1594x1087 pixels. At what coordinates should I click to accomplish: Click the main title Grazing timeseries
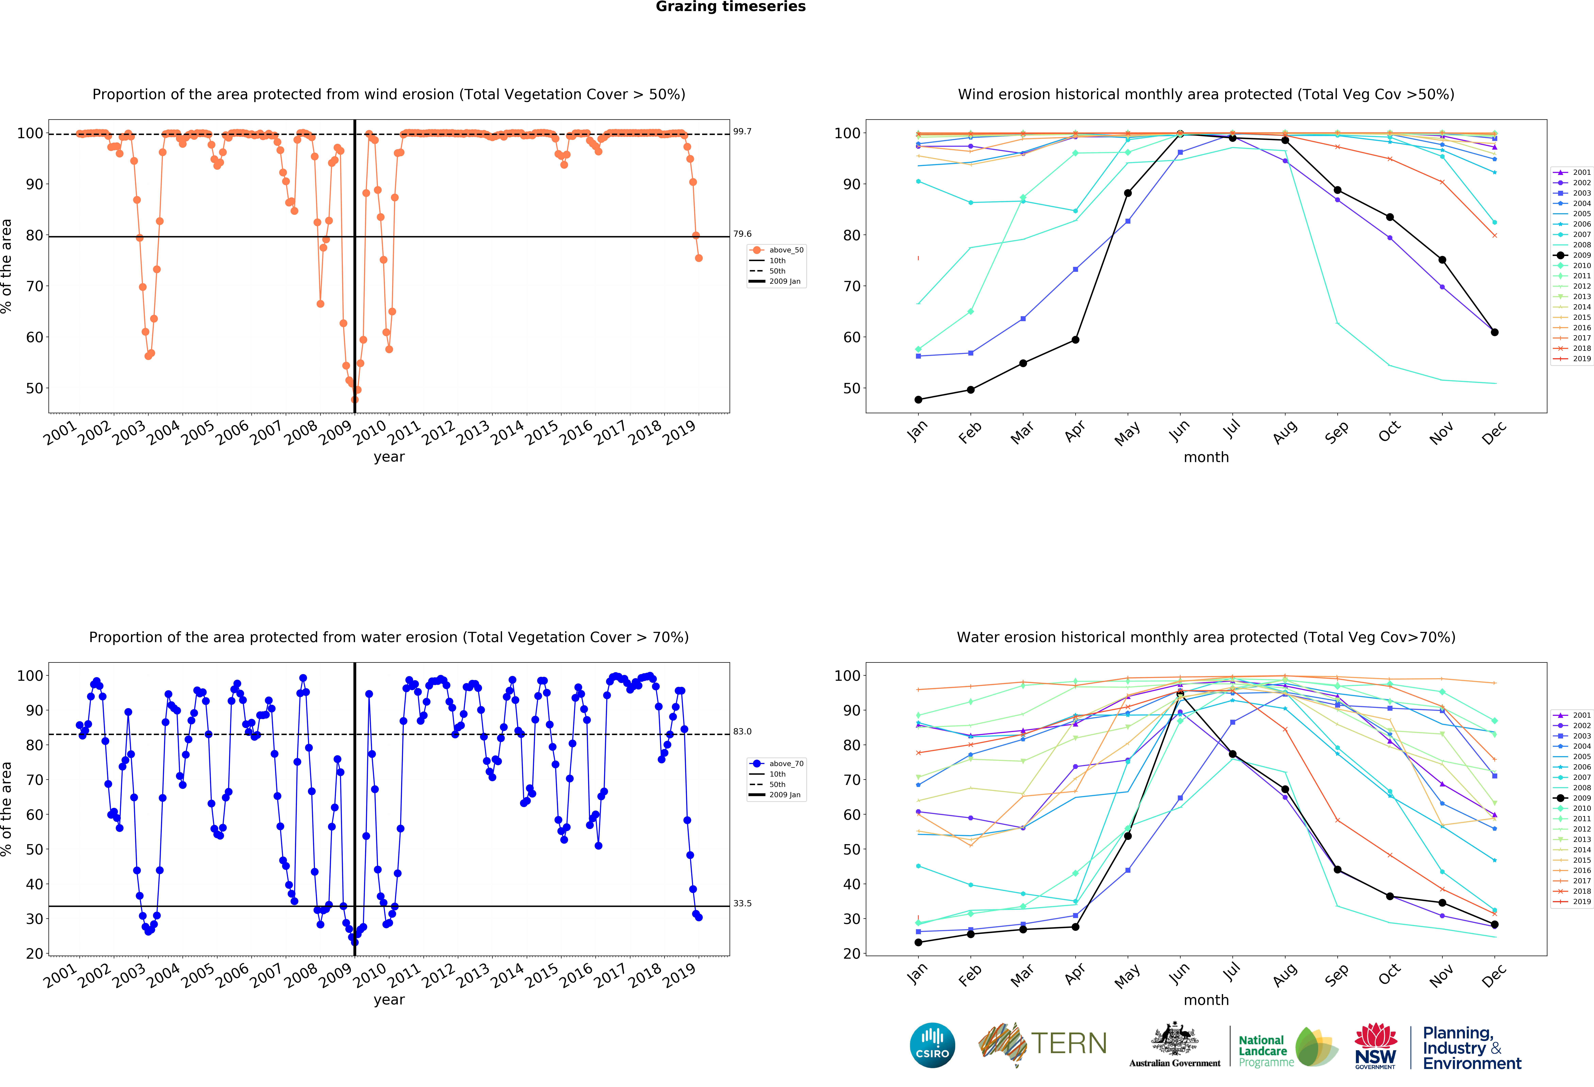pyautogui.click(x=730, y=7)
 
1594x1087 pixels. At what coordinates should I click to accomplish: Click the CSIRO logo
pyautogui.click(x=932, y=1045)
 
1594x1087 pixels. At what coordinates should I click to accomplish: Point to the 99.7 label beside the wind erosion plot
pyautogui.click(x=742, y=131)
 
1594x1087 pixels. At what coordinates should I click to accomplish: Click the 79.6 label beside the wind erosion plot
pyautogui.click(x=742, y=234)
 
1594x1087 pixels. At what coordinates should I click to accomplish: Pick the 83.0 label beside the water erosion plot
pyautogui.click(x=742, y=731)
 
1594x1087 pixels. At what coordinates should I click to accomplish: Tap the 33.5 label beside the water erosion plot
pyautogui.click(x=742, y=903)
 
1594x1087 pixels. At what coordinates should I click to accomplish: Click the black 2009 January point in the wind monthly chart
pyautogui.click(x=918, y=399)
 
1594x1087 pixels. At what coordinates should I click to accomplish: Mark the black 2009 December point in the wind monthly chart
pyautogui.click(x=1495, y=332)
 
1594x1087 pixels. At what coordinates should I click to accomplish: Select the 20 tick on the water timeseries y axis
pyautogui.click(x=34, y=953)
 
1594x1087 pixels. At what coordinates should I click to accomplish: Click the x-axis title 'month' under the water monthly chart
pyautogui.click(x=1206, y=1000)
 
